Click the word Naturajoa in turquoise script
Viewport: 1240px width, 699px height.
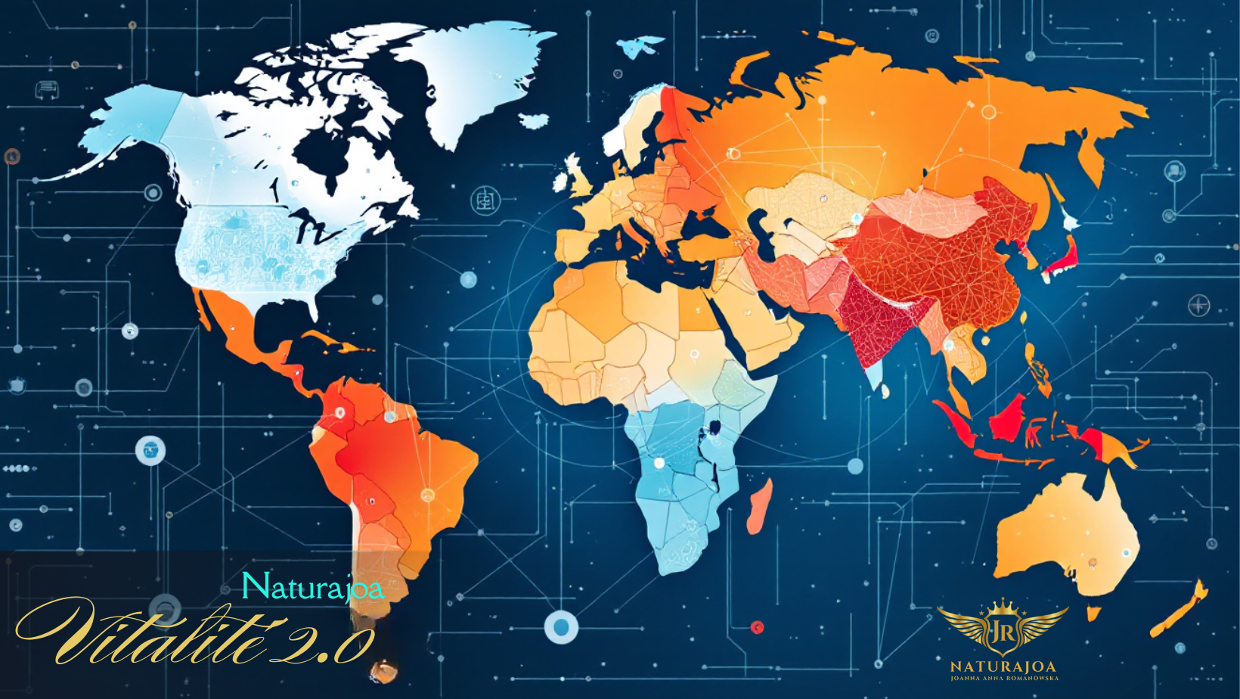pyautogui.click(x=312, y=587)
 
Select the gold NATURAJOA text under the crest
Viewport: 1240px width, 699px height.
pyautogui.click(x=1003, y=667)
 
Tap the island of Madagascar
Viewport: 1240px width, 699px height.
pyautogui.click(x=761, y=505)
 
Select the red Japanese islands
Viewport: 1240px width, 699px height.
pyautogui.click(x=1063, y=257)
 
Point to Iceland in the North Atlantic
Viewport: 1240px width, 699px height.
pyautogui.click(x=534, y=120)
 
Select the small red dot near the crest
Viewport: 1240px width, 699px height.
pyautogui.click(x=757, y=627)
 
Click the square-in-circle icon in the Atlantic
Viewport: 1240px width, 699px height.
pyautogui.click(x=485, y=201)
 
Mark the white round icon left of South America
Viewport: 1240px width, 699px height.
pyautogui.click(x=150, y=451)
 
